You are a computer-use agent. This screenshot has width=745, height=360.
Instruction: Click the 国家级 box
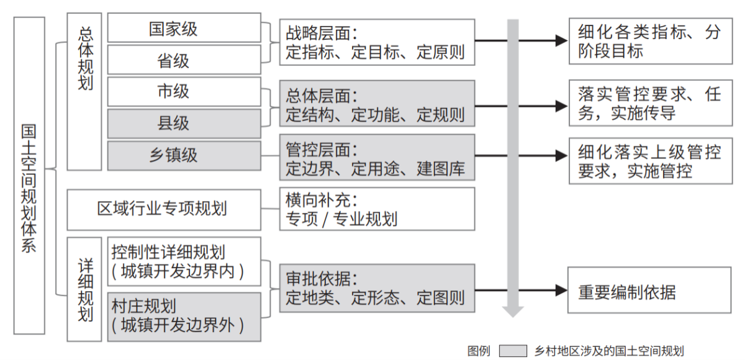pos(184,29)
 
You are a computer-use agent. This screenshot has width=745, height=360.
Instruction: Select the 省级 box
pos(184,60)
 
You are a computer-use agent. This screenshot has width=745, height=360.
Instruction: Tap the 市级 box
pos(184,92)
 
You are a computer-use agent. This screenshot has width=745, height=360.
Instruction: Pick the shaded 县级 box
pos(184,124)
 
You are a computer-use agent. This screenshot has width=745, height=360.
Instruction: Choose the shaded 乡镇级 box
pos(184,155)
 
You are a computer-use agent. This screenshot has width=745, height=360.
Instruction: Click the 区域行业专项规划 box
pos(163,209)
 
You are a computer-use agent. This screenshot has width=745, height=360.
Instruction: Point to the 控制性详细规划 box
pos(184,262)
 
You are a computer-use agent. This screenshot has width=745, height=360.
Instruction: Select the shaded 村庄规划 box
pos(184,317)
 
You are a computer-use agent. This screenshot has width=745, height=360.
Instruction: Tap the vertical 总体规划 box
pos(84,91)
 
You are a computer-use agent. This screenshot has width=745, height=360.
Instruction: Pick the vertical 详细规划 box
pos(84,289)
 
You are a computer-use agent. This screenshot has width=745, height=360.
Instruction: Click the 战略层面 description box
pos(377,42)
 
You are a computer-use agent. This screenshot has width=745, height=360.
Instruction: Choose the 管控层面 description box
pos(377,158)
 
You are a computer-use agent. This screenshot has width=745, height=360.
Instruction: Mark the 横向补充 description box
pos(377,209)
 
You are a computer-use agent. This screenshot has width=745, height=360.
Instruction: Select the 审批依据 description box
pos(377,289)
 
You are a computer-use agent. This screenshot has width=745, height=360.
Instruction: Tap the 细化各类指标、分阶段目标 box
pos(649,41)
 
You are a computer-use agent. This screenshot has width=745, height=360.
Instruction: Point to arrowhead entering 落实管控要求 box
pos(562,103)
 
